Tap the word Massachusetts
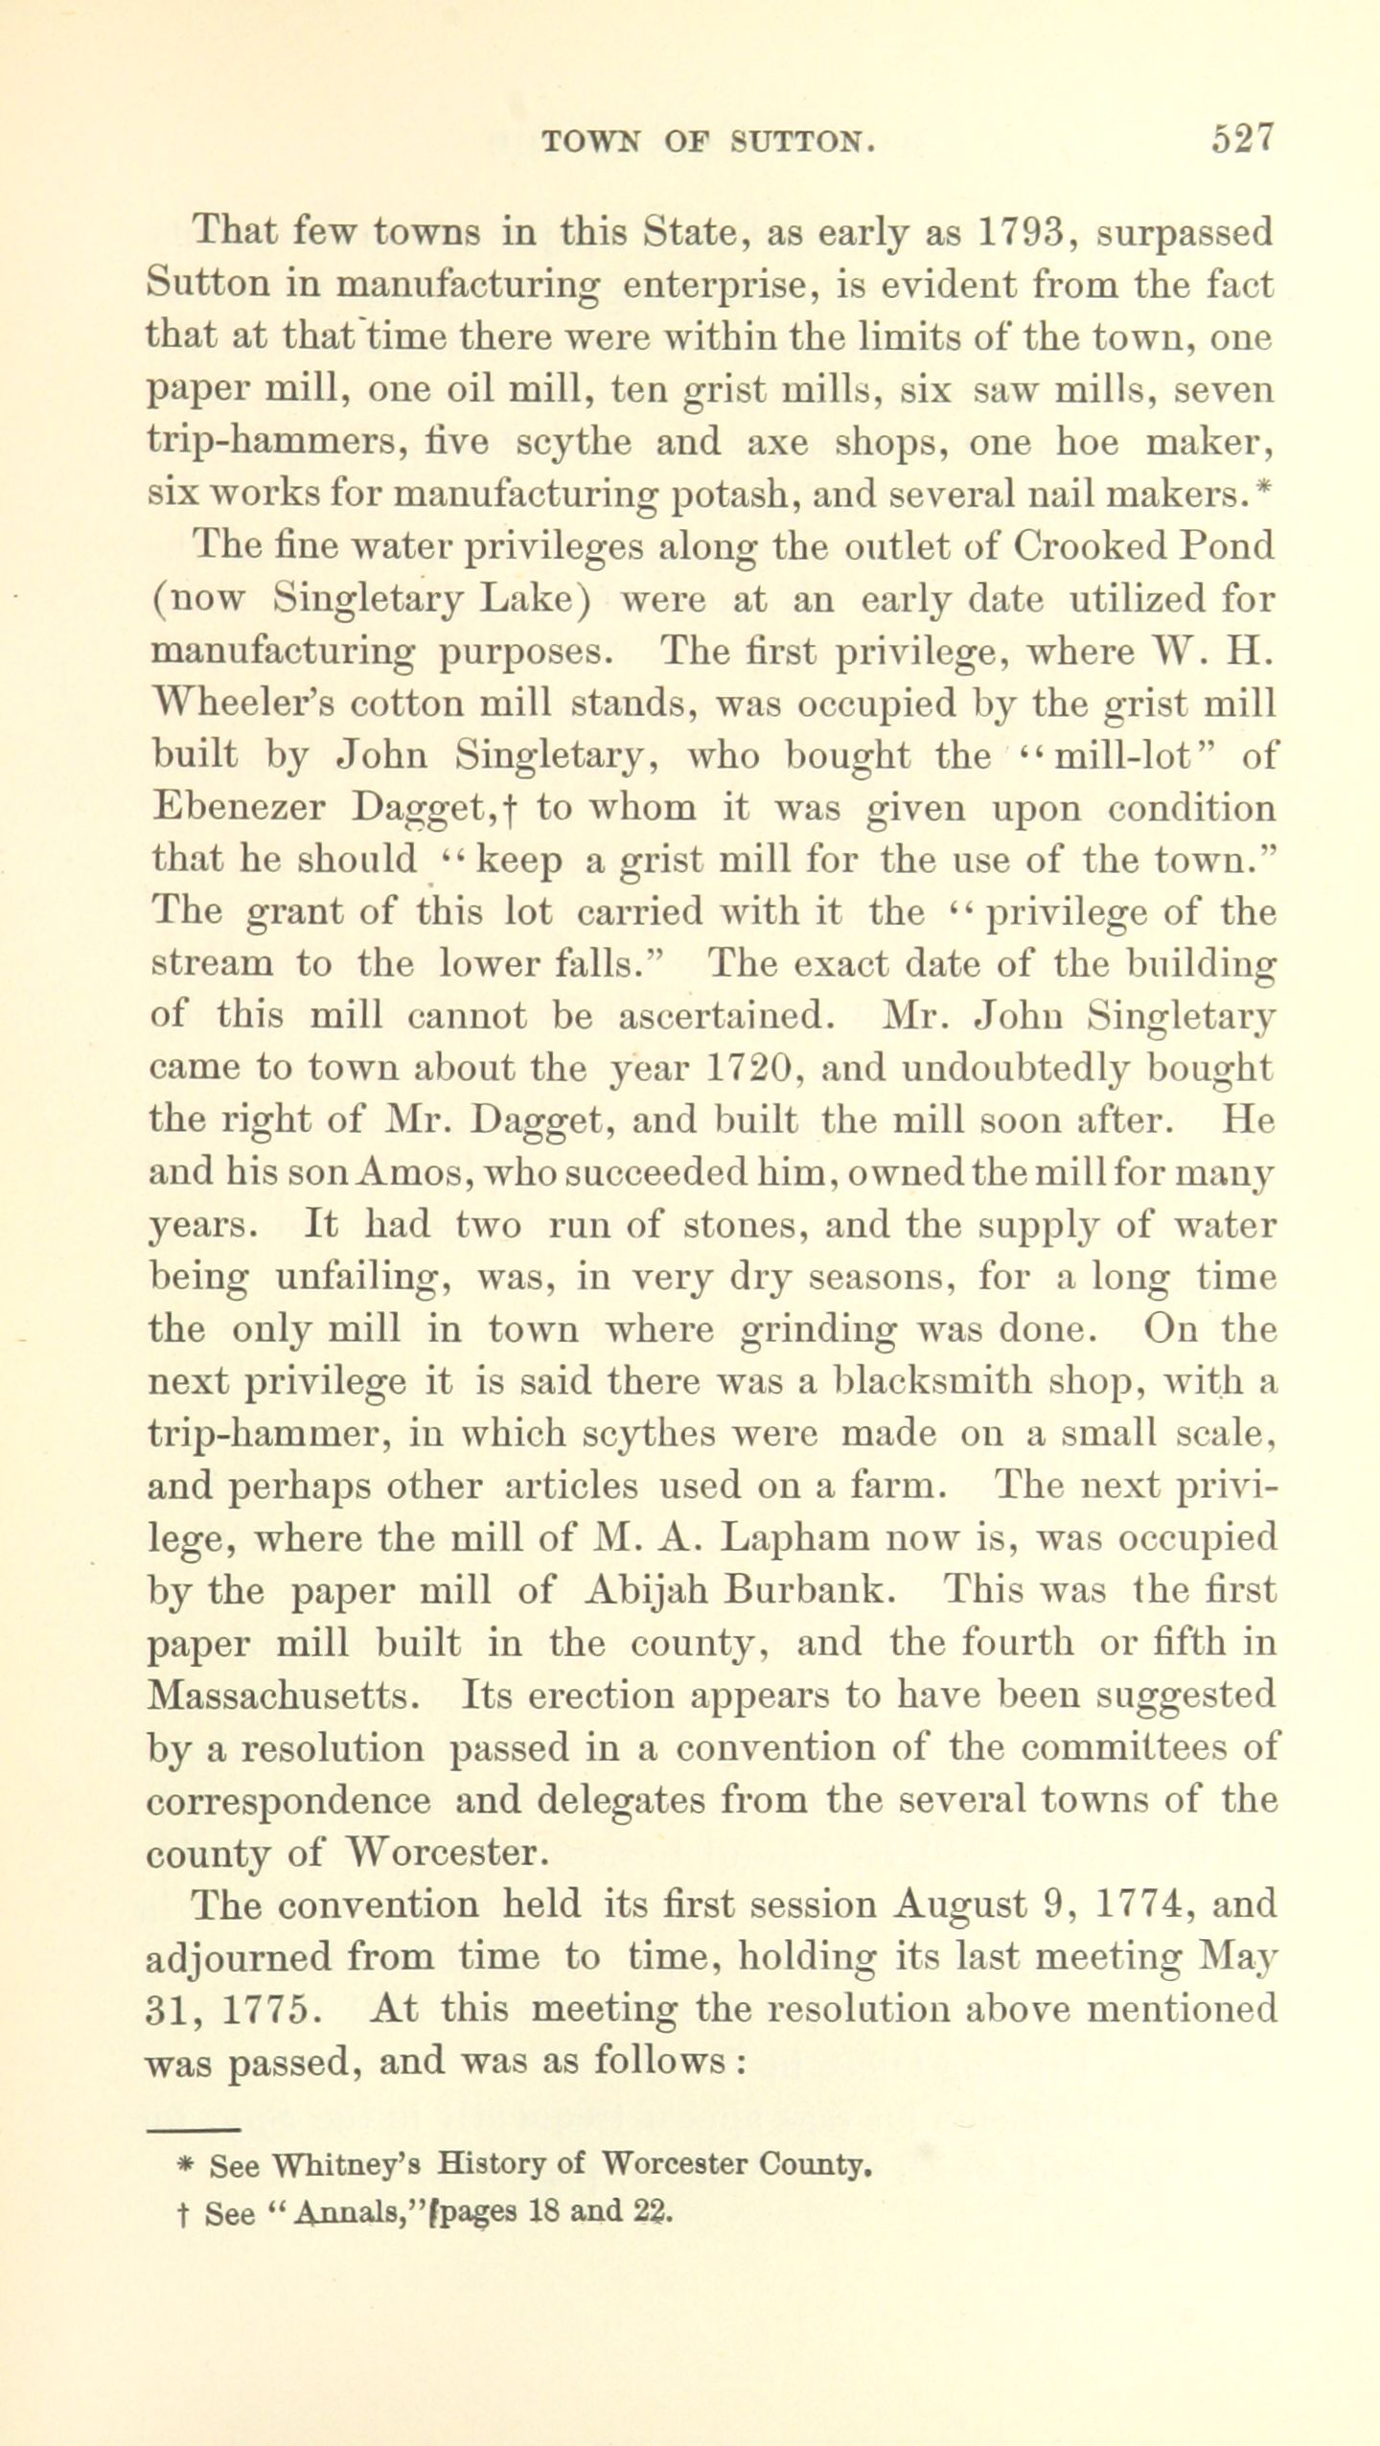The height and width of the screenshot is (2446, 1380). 283,1696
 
